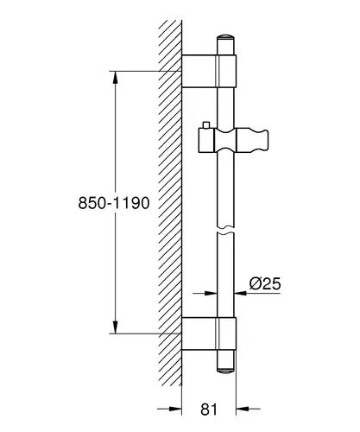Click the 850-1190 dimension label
point(114,203)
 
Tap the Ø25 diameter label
point(265,283)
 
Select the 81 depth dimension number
point(209,409)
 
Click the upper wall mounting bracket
point(209,71)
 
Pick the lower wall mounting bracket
point(209,334)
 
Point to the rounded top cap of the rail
point(225,37)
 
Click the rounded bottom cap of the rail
point(225,371)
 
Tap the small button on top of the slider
point(206,125)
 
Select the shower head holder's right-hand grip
point(252,140)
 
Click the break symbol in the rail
point(225,229)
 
